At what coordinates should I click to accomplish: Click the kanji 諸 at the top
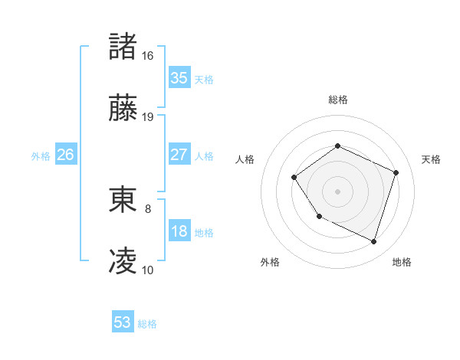[123, 47]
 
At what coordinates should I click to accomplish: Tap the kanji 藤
[123, 110]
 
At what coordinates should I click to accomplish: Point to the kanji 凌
[123, 262]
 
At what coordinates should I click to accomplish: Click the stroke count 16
[147, 56]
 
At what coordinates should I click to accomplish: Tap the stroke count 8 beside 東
[148, 208]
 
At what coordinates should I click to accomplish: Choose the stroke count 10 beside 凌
[147, 270]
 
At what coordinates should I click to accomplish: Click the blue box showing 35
[179, 78]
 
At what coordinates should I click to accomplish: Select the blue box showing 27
[179, 155]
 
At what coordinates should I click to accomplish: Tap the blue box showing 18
[179, 231]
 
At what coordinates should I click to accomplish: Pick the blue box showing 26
[65, 155]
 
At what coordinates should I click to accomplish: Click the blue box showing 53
[123, 322]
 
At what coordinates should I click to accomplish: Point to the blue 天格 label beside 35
[204, 80]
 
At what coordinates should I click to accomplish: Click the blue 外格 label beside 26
[41, 156]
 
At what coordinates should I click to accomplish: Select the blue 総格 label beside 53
[147, 324]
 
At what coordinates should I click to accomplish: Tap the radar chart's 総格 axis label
[337, 100]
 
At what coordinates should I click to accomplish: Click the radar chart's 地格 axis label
[402, 262]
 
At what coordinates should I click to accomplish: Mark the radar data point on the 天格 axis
[396, 172]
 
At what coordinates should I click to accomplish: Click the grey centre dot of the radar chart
[337, 191]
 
